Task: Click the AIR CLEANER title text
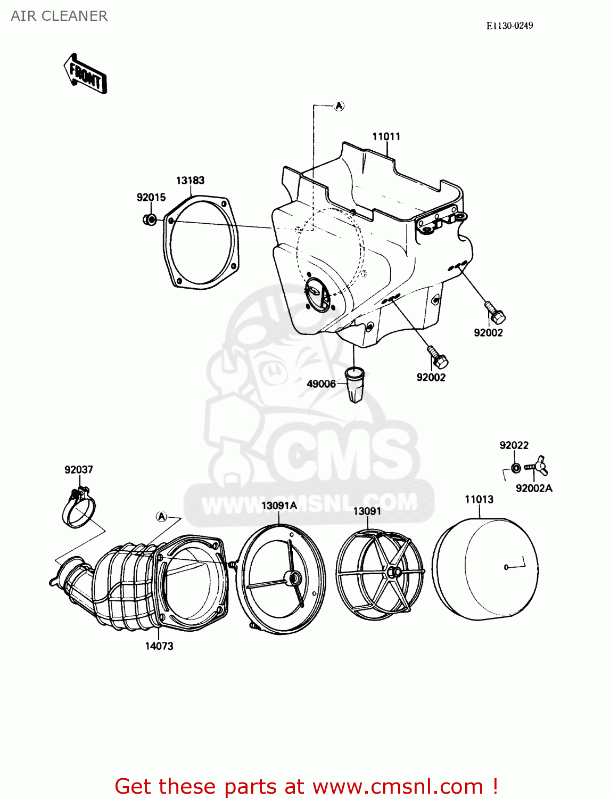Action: pyautogui.click(x=59, y=16)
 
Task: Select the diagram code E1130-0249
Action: pyautogui.click(x=509, y=26)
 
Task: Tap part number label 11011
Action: pyautogui.click(x=386, y=136)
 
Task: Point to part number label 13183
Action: pyautogui.click(x=190, y=181)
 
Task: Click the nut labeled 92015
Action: pyautogui.click(x=150, y=219)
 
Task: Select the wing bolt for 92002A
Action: pyautogui.click(x=538, y=466)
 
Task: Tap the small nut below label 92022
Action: pyautogui.click(x=515, y=468)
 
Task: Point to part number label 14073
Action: pyautogui.click(x=159, y=646)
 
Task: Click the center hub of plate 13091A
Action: pyautogui.click(x=292, y=578)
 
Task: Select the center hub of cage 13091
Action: pyautogui.click(x=394, y=572)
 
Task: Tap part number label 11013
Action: pyautogui.click(x=479, y=500)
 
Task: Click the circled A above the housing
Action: pyautogui.click(x=339, y=106)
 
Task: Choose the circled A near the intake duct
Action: pyautogui.click(x=161, y=516)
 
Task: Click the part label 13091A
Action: pyautogui.click(x=279, y=506)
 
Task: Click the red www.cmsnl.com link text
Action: pyautogui.click(x=398, y=786)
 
